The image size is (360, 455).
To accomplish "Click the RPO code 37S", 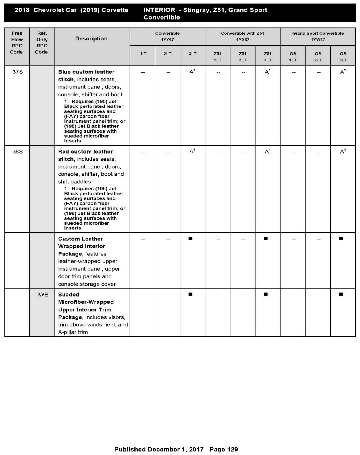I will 17,72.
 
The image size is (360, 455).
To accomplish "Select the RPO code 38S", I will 17,152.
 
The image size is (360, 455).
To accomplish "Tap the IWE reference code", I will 43,295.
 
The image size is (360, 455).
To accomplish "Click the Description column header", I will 91,39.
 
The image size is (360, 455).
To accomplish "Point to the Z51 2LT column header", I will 243,57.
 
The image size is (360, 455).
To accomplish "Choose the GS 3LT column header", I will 343,57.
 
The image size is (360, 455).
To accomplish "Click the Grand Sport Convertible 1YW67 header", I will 318,36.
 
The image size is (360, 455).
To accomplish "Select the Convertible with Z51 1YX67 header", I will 243,36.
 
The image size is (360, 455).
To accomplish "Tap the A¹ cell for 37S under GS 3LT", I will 343,72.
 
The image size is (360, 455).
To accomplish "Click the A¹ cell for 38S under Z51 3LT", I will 267,152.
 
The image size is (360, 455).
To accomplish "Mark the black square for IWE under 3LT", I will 190,294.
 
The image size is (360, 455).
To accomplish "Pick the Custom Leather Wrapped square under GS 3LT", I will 341,238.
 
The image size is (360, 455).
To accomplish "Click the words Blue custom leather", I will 86,72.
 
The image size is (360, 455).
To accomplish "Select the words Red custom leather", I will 85,152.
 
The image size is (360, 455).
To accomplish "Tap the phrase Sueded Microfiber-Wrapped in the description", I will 86,298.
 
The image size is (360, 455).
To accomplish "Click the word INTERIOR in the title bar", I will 159,10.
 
